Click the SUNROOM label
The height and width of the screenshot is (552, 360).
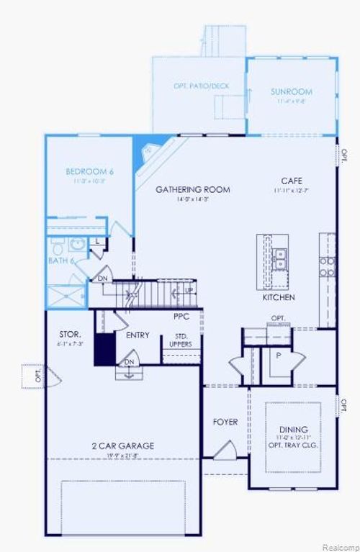(291, 91)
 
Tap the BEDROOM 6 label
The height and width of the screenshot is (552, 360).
(90, 171)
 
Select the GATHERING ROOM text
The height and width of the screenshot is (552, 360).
(193, 190)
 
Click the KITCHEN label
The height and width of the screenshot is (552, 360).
(279, 297)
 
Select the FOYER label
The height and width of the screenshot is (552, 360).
(225, 422)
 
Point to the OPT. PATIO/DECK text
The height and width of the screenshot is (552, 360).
(201, 86)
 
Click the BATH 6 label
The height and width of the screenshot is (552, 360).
(61, 261)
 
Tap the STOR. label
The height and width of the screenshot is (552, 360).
(71, 335)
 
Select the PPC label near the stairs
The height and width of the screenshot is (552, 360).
(181, 316)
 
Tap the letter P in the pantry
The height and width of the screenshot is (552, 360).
(278, 355)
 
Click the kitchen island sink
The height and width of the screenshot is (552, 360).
(279, 258)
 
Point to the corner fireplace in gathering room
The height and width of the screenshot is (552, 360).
(150, 153)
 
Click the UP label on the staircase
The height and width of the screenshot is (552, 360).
(189, 290)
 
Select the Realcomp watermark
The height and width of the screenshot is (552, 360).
(339, 546)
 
